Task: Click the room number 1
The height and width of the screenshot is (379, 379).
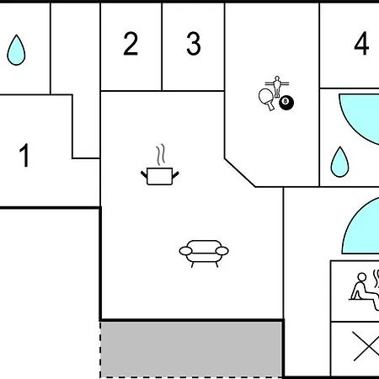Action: coord(24,155)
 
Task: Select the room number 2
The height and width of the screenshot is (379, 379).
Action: coord(131,43)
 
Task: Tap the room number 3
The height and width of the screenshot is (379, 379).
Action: coord(194,43)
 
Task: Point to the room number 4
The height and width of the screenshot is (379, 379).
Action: coord(361,43)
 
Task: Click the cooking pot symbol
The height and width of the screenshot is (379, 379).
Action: coord(160,176)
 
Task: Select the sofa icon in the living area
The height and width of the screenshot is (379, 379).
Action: coord(204,254)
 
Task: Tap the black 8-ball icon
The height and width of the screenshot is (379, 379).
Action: coord(286,103)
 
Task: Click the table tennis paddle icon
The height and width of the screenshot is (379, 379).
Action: coord(266,99)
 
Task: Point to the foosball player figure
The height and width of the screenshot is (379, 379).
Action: coord(277,86)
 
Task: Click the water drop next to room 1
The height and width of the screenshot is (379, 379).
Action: coord(16,51)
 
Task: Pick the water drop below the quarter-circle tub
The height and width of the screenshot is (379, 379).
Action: coord(339,163)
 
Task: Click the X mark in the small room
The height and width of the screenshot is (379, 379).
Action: coord(366,346)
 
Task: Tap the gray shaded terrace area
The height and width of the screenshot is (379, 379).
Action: coord(191,350)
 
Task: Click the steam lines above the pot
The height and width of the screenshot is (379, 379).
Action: coord(161,155)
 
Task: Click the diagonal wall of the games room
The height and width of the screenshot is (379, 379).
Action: coord(240,173)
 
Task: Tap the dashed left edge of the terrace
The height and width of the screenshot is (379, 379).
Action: coord(100,350)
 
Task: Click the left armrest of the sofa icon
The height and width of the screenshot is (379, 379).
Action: coord(185,251)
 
